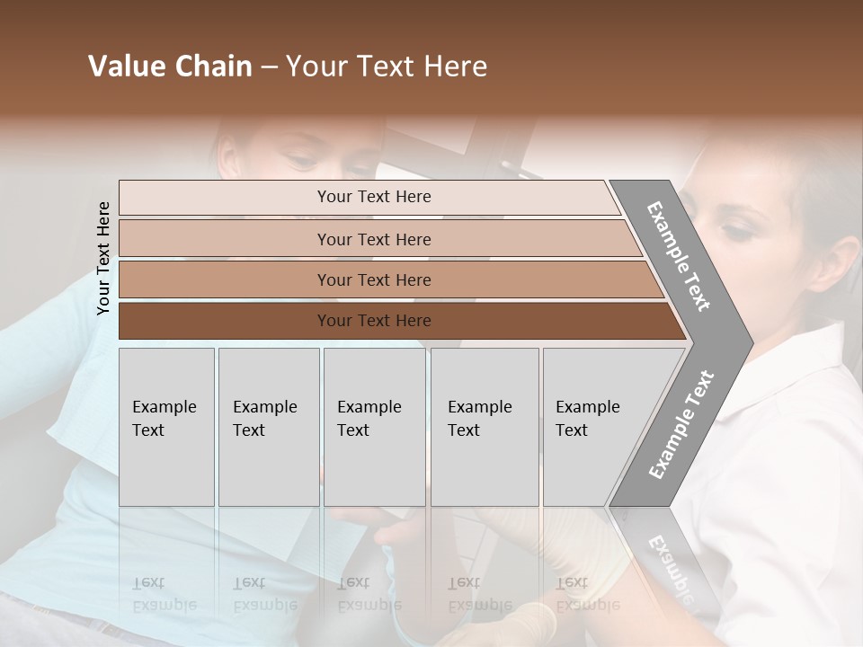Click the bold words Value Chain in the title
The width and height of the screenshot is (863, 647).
[170, 66]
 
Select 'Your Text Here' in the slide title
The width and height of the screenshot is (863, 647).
[387, 66]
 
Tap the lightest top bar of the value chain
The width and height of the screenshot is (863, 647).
[373, 197]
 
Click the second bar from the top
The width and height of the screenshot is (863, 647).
[373, 239]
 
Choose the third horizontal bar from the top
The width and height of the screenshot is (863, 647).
[373, 279]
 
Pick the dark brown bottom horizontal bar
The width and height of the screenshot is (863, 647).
[373, 321]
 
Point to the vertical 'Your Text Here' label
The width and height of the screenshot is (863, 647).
[103, 258]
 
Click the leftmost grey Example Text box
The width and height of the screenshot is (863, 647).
[166, 427]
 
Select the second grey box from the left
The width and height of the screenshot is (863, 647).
[268, 427]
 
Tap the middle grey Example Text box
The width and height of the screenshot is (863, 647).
[374, 427]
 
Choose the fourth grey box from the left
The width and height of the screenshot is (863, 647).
[485, 427]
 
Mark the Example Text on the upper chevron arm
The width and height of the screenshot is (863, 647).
[680, 256]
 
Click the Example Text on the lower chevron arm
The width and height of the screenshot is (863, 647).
[681, 424]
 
